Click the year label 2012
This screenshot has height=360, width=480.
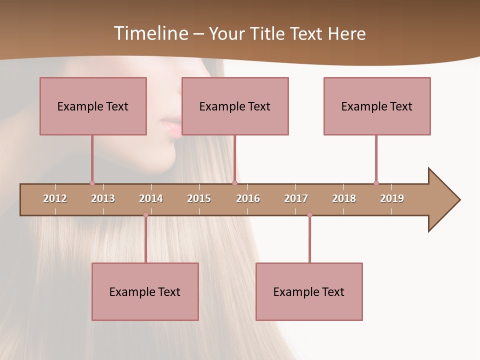(55, 198)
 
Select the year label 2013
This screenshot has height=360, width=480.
(103, 198)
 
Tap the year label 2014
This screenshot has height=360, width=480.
(151, 198)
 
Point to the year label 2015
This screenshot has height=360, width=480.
(199, 198)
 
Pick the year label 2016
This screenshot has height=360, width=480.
(248, 198)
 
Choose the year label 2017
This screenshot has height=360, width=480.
(296, 198)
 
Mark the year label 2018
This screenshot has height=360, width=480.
(344, 198)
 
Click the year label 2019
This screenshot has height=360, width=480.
(392, 198)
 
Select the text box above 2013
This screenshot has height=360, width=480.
(93, 106)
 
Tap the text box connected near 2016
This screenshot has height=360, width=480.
(235, 106)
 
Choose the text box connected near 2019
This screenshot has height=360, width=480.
(377, 106)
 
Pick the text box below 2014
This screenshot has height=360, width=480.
(145, 291)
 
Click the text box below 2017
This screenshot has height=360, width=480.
(309, 291)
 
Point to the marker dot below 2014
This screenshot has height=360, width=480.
(145, 215)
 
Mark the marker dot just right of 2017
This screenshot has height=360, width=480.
(309, 215)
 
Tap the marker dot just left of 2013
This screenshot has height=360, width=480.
(92, 183)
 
